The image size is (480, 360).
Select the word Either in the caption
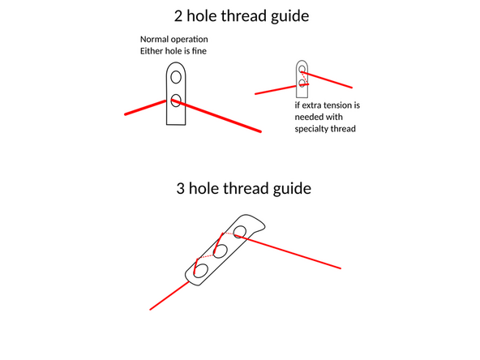pos(152,52)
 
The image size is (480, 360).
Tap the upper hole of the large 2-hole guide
pos(175,78)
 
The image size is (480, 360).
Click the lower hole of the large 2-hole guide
pos(175,101)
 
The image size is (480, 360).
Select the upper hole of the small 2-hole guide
pos(302,69)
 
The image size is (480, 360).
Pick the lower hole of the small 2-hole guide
pos(302,82)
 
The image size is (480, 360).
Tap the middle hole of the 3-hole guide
pos(219,251)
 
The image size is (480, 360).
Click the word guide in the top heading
pos(286,15)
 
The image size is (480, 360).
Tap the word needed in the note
pos(310,117)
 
